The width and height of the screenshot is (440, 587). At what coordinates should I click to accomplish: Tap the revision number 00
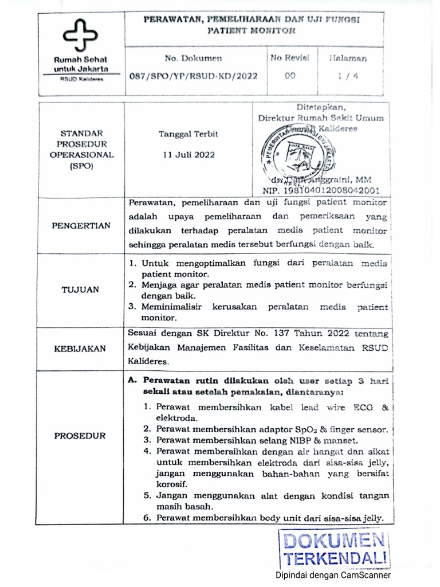pyautogui.click(x=290, y=75)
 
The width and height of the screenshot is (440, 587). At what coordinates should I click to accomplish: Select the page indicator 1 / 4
pyautogui.click(x=348, y=75)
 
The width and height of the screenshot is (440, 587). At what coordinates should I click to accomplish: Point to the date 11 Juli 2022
pyautogui.click(x=188, y=154)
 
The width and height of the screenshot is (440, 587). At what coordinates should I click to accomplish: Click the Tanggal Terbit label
pyautogui.click(x=188, y=134)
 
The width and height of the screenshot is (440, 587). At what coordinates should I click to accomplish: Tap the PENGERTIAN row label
pyautogui.click(x=81, y=225)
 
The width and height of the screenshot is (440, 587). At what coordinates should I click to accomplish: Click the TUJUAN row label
pyautogui.click(x=81, y=290)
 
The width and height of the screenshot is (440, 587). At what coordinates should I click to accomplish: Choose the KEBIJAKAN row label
pyautogui.click(x=81, y=348)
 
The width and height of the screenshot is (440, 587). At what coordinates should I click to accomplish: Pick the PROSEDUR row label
pyautogui.click(x=80, y=436)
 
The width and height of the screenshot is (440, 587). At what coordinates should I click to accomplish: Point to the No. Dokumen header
pyautogui.click(x=193, y=58)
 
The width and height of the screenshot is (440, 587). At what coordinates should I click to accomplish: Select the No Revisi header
pyautogui.click(x=290, y=58)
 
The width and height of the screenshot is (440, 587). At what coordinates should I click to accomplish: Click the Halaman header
pyautogui.click(x=348, y=58)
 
